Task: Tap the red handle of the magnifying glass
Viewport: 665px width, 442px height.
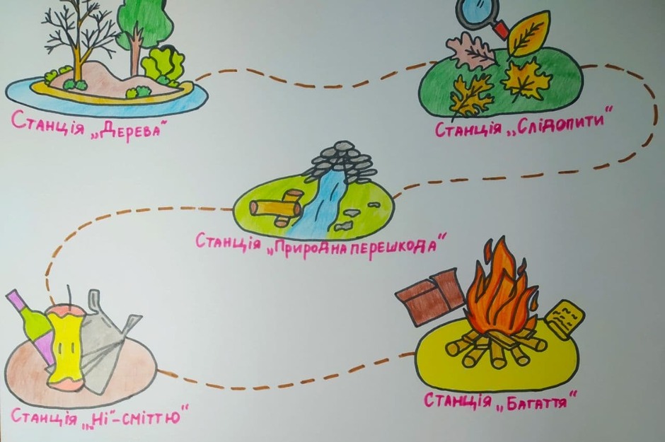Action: click(501, 30)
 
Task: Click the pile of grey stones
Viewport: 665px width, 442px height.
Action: click(342, 159)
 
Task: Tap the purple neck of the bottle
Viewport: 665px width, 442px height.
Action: click(18, 302)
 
